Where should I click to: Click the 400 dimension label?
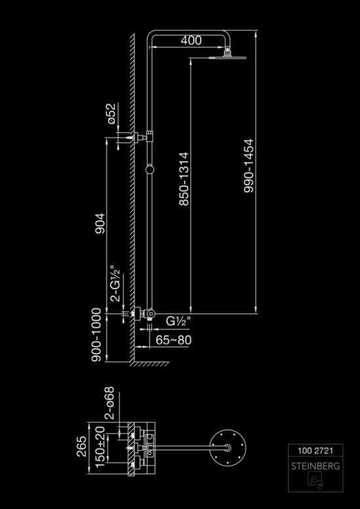191,41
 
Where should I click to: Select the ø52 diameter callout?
112,114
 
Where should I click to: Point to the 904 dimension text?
100,223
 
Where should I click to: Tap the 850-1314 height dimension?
184,179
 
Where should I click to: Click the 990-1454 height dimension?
249,166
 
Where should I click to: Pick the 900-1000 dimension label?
96,335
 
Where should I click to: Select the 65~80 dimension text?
173,340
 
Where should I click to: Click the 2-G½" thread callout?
115,284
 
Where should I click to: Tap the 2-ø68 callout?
109,403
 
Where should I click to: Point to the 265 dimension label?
82,447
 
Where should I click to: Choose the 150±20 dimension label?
101,447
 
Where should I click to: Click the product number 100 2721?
315,451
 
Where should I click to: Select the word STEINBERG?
315,466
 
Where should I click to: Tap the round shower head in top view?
228,448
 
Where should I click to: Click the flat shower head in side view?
227,58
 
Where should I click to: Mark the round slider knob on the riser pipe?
149,169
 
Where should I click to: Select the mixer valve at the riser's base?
144,314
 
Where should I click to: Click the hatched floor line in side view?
149,364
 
